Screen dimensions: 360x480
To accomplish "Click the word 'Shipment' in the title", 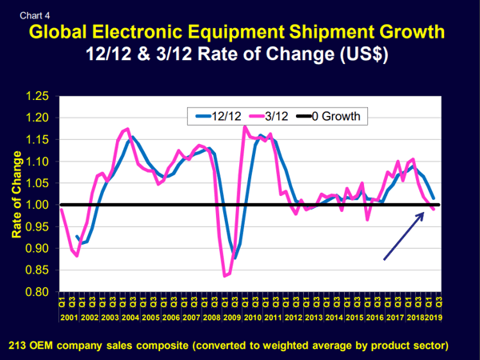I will [x=306, y=33].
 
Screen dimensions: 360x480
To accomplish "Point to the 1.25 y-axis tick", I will [x=38, y=97].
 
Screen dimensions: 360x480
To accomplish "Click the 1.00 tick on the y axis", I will [x=38, y=206].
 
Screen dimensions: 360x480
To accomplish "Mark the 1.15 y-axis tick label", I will [x=38, y=140].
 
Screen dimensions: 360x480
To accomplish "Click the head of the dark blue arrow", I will [x=423, y=213].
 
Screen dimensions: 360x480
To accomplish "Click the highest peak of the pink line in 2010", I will [x=245, y=127].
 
